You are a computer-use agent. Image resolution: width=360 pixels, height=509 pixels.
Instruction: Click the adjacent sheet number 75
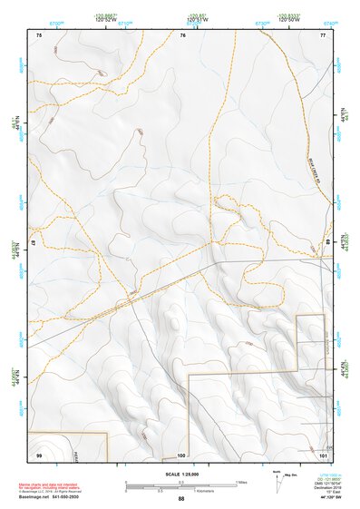[x=39, y=34]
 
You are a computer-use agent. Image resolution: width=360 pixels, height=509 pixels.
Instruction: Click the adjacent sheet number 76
[x=182, y=34]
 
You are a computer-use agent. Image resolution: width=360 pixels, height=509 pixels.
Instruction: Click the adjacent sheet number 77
[x=323, y=34]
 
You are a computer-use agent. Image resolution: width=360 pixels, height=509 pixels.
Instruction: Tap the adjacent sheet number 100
[x=181, y=455]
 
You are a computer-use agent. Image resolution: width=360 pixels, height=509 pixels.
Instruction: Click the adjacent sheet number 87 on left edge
[x=34, y=243]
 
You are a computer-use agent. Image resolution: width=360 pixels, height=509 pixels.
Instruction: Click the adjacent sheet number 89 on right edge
[x=328, y=243]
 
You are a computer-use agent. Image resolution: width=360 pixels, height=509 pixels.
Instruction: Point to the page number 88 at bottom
[x=181, y=498]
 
